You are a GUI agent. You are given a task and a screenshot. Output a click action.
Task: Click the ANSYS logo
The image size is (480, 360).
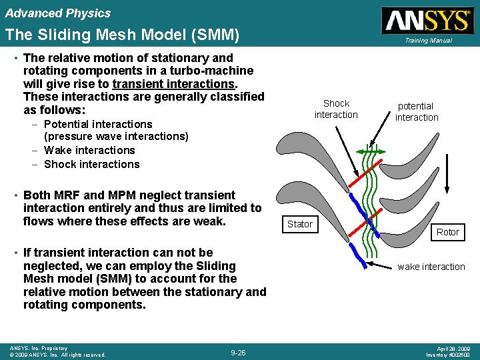coord(427,20)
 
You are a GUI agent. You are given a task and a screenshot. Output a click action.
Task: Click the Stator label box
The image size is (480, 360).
coord(299,224)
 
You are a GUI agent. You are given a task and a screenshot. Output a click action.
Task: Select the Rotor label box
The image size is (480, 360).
coord(447,232)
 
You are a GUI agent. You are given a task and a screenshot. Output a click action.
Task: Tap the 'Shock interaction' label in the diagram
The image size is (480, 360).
coord(336,109)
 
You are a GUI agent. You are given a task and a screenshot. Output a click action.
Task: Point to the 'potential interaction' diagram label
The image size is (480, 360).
coord(416,111)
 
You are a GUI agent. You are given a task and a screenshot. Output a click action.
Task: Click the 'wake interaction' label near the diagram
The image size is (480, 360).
coord(431,267)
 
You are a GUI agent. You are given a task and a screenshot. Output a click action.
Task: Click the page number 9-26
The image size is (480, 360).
coord(238,352)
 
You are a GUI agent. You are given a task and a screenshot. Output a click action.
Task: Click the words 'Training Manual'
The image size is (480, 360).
coord(427,41)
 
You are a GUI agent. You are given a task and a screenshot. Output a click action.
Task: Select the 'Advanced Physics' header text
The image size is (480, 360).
coord(58,13)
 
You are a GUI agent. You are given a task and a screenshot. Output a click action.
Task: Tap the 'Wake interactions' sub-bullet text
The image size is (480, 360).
coord(89,151)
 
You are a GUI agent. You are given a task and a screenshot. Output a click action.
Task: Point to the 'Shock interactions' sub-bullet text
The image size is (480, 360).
coord(91,164)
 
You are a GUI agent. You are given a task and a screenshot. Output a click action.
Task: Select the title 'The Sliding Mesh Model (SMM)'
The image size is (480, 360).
coord(121,34)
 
